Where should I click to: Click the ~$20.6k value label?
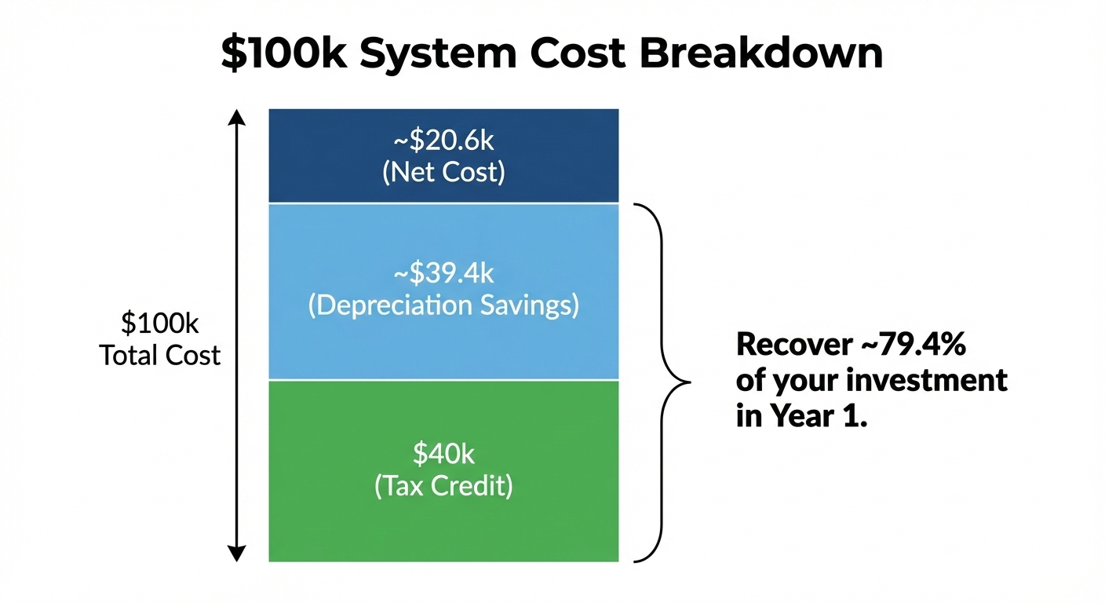pos(443,141)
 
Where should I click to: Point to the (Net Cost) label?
pos(443,172)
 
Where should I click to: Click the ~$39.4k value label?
pos(443,273)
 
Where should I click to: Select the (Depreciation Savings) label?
pos(443,305)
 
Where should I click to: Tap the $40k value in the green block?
pos(443,454)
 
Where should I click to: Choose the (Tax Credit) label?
pos(443,486)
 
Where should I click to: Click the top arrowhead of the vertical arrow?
pos(236,118)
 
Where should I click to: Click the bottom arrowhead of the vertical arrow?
pos(236,554)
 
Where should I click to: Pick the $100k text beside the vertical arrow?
pos(160,323)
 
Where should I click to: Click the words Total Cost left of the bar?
pos(160,356)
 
